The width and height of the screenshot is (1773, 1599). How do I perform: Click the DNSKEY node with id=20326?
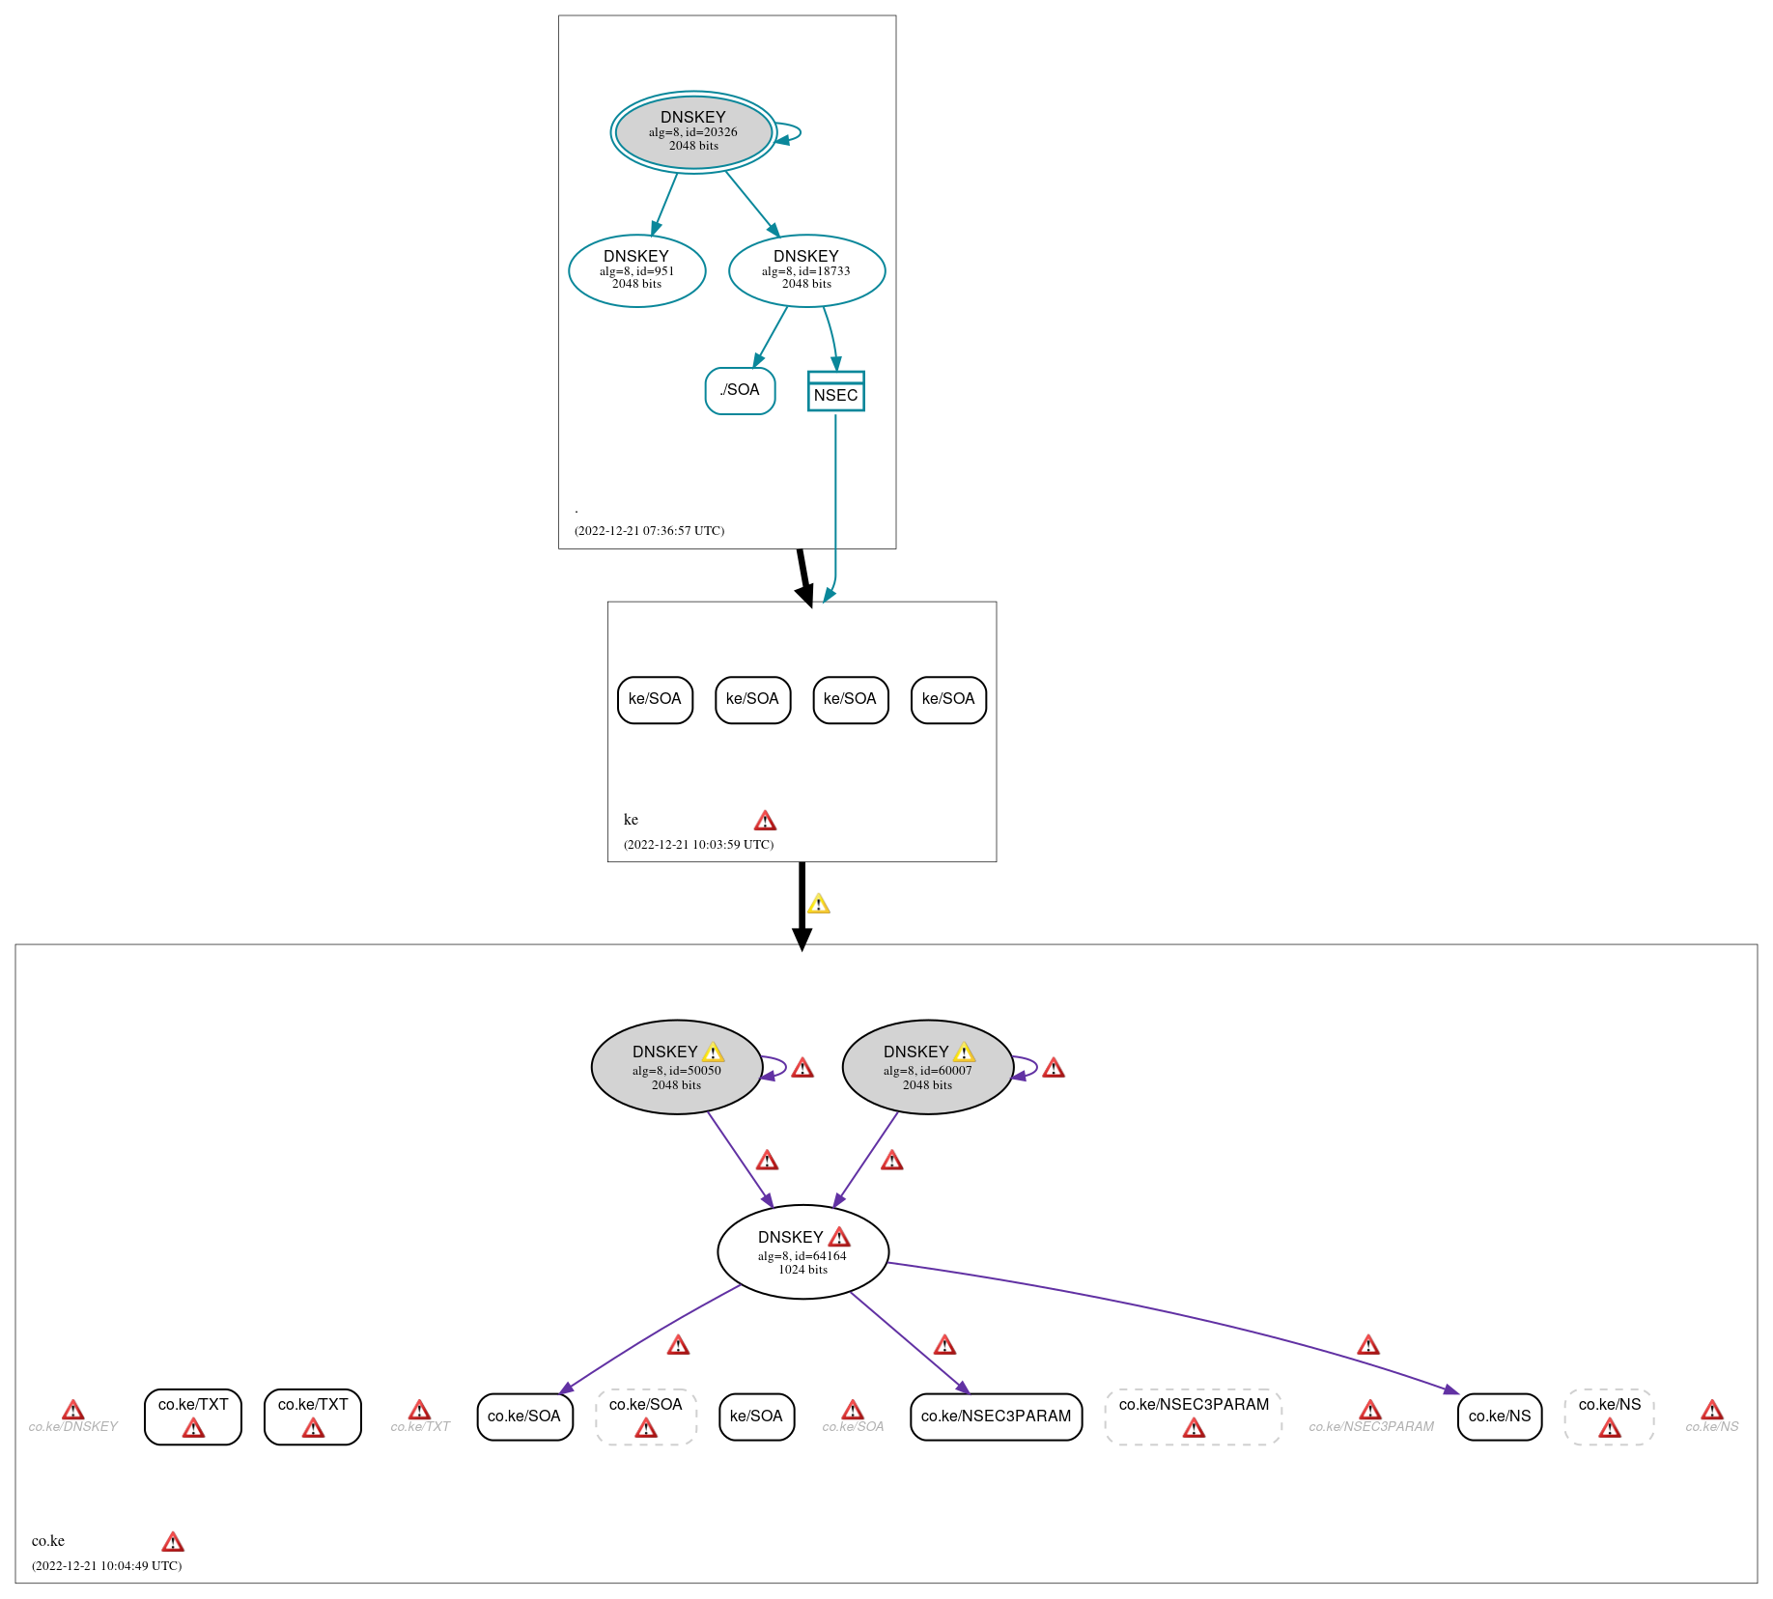tap(693, 132)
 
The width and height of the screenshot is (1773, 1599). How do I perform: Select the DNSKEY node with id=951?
tap(637, 270)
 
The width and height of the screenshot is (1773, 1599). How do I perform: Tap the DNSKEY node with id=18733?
tap(807, 270)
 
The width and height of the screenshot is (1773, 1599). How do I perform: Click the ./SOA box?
tap(741, 390)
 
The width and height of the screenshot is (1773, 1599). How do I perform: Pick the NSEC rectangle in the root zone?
tap(836, 391)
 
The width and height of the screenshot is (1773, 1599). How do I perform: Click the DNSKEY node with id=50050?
tap(677, 1067)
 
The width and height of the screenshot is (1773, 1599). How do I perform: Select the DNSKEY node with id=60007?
tap(928, 1067)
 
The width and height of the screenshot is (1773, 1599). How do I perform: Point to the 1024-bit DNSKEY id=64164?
tap(803, 1251)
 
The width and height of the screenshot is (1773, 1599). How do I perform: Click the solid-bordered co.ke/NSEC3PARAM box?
tap(997, 1417)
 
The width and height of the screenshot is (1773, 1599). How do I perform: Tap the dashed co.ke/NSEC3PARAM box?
tap(1194, 1417)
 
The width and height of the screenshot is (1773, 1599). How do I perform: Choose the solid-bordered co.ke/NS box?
tap(1500, 1417)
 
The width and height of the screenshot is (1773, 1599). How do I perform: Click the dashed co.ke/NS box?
tap(1610, 1417)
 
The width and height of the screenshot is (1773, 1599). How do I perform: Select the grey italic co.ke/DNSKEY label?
tap(73, 1426)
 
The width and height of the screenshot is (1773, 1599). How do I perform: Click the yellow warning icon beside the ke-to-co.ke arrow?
tap(819, 904)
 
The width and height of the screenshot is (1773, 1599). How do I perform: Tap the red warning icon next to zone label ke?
tap(765, 821)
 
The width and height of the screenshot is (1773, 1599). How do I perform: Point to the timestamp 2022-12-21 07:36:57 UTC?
tap(649, 531)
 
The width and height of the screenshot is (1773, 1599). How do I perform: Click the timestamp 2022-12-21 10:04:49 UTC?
tap(106, 1566)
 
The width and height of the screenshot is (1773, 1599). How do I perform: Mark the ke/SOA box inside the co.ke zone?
tap(757, 1417)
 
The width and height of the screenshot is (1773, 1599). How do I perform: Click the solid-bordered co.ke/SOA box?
tap(524, 1417)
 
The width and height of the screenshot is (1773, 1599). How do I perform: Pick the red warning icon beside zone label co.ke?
tap(173, 1541)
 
